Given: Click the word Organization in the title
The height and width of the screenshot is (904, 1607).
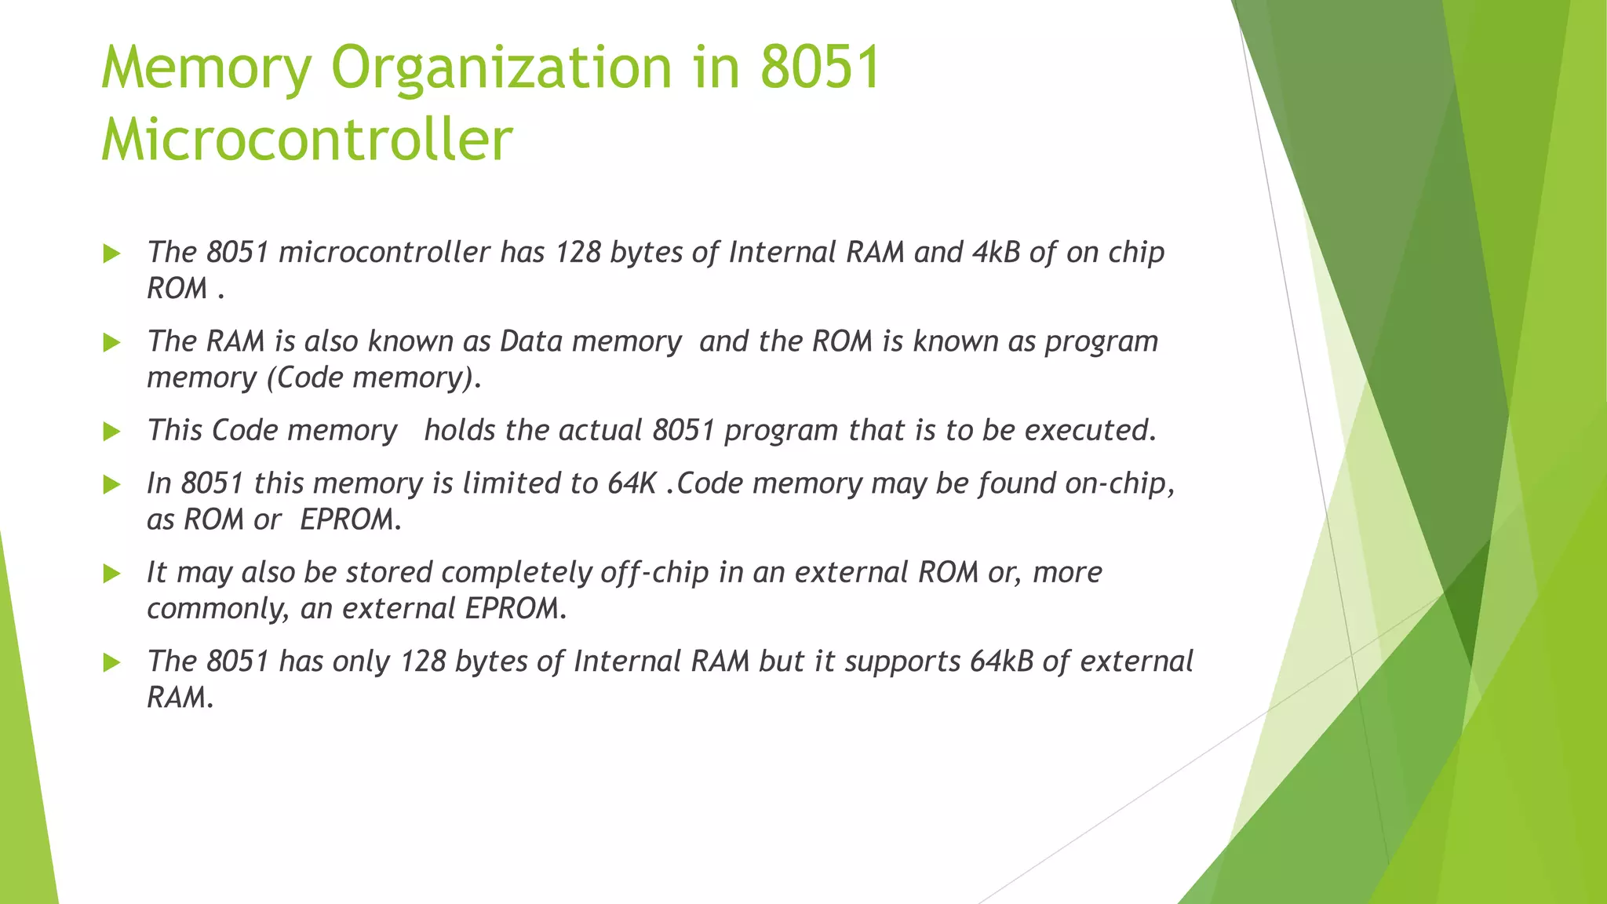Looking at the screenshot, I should (x=502, y=69).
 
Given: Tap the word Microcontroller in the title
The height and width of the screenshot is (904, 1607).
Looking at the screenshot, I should (x=307, y=140).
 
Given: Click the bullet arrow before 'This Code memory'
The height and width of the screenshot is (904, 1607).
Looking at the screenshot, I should (x=111, y=432).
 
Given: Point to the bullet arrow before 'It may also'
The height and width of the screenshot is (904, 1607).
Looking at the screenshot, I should (x=111, y=574).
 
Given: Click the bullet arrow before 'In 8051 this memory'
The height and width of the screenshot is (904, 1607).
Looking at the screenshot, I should (x=111, y=484).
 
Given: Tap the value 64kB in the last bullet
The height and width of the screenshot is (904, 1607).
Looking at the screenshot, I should (x=1001, y=662).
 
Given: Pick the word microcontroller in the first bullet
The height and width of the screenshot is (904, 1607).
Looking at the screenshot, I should (x=384, y=252).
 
